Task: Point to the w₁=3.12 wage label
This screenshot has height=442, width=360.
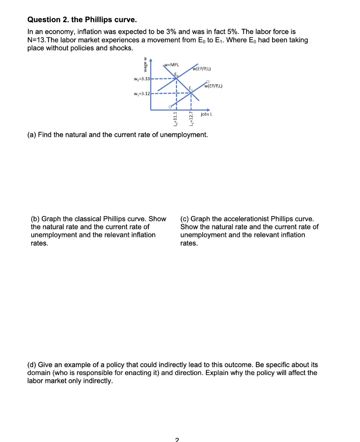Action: [141, 93]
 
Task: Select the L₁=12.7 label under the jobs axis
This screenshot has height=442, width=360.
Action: [190, 119]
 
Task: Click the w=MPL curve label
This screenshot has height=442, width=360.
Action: [171, 64]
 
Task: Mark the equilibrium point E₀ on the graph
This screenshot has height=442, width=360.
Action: [177, 79]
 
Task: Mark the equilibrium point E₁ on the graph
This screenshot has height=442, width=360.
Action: [192, 93]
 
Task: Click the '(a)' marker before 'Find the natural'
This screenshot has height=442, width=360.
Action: [32, 135]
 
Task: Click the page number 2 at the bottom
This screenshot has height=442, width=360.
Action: [177, 440]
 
